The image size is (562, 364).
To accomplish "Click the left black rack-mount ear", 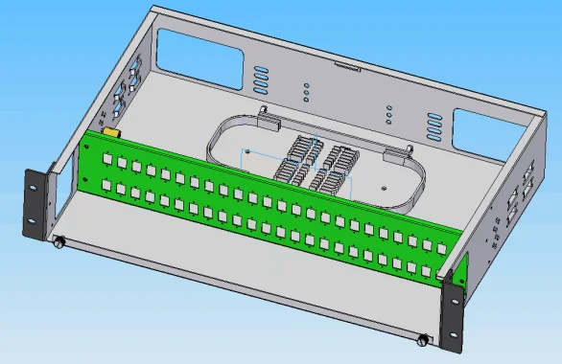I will coord(36,204).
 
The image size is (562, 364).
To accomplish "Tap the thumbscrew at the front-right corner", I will coord(423,340).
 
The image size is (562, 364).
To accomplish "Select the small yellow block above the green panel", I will coord(110,132).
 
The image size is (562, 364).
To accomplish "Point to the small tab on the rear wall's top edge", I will coord(345,67).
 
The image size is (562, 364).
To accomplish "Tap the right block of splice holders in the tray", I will coord(337,167).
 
